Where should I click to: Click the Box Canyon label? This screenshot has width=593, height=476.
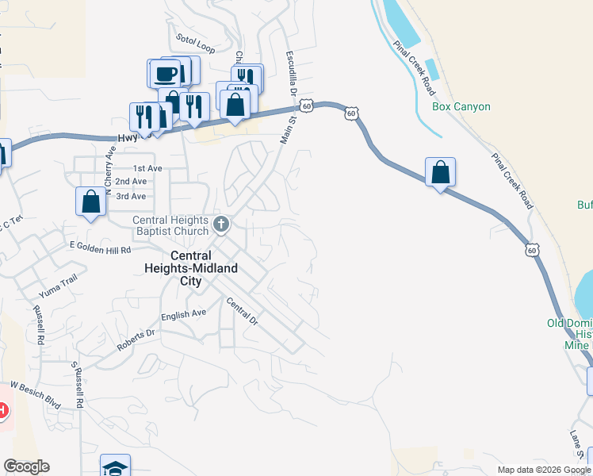pyautogui.click(x=461, y=106)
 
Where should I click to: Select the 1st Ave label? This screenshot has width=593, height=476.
pyautogui.click(x=147, y=168)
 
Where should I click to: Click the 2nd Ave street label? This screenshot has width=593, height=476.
pyautogui.click(x=131, y=182)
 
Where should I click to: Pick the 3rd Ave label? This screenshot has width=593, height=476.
pyautogui.click(x=131, y=196)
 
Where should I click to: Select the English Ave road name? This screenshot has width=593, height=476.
pyautogui.click(x=183, y=315)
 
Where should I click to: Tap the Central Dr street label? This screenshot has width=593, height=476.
pyautogui.click(x=243, y=312)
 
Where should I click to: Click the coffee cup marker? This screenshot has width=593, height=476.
pyautogui.click(x=166, y=74)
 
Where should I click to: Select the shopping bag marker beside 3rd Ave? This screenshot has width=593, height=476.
pyautogui.click(x=91, y=202)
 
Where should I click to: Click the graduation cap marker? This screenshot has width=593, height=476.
pyautogui.click(x=116, y=466)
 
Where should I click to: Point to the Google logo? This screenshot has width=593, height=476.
pyautogui.click(x=26, y=466)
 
